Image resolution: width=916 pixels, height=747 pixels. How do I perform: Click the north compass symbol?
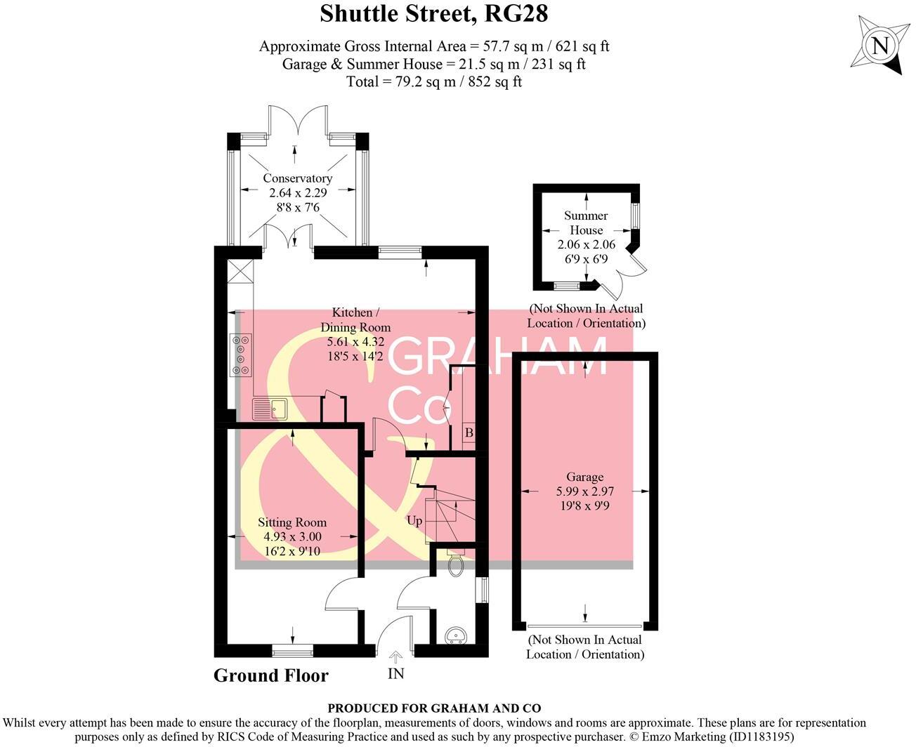click(x=879, y=46)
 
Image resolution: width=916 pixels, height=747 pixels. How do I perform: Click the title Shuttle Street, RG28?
click(x=433, y=13)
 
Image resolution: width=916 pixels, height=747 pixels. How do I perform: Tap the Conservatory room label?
click(x=297, y=178)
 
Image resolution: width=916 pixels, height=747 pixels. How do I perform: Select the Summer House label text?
click(x=586, y=223)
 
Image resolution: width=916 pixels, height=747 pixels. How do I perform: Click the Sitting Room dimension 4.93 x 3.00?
click(x=292, y=536)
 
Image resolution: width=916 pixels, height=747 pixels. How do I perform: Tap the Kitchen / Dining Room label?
click(x=355, y=319)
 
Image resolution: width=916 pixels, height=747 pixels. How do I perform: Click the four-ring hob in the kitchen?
click(x=241, y=354)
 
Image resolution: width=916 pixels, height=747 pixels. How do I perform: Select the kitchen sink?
click(x=270, y=408)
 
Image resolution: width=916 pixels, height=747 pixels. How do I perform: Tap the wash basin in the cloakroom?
click(x=456, y=635)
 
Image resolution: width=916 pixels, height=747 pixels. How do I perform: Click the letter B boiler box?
click(x=469, y=433)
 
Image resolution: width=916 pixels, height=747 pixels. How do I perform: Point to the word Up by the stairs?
click(x=414, y=521)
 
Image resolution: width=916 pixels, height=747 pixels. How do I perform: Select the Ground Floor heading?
click(x=270, y=675)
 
